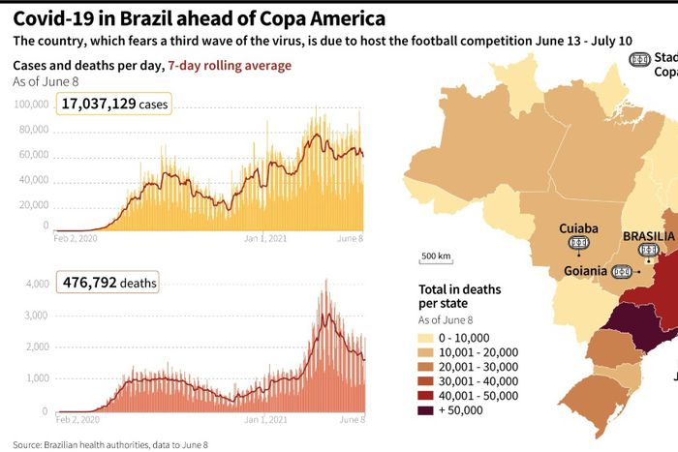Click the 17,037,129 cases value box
113,104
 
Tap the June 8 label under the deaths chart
350,420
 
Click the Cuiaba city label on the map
578,228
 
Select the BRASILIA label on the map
650,235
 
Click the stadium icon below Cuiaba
578,243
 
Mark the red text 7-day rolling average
229,65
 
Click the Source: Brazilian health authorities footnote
110,444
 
